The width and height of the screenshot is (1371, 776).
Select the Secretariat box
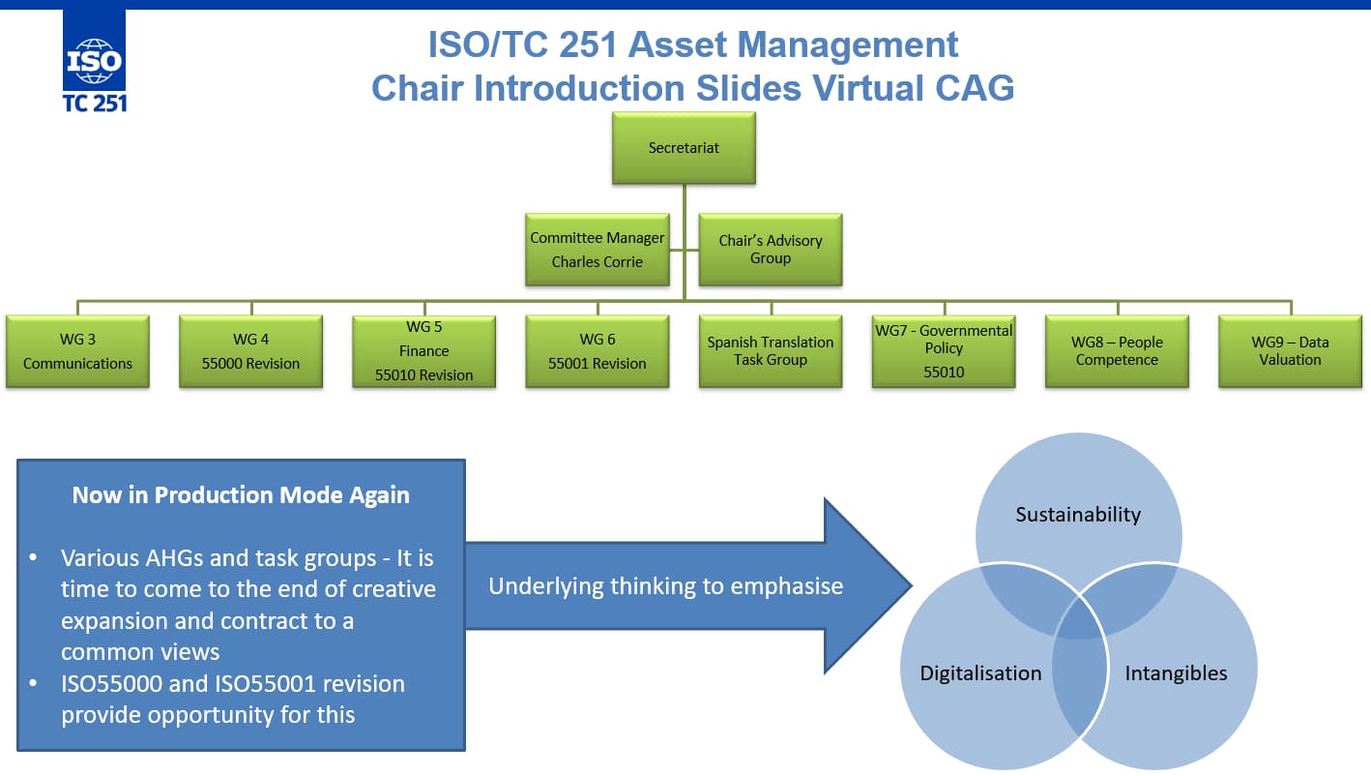tap(684, 148)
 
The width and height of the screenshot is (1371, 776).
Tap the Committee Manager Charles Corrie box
tap(598, 250)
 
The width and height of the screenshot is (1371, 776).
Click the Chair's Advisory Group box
tap(771, 250)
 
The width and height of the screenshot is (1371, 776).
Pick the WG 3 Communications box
tap(77, 351)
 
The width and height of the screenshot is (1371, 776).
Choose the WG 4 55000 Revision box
tap(251, 351)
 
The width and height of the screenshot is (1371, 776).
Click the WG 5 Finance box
tap(424, 351)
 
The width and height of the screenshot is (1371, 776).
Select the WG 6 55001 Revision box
tap(598, 351)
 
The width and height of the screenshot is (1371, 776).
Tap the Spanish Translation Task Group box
tap(771, 351)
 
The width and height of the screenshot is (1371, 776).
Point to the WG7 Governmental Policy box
tap(944, 351)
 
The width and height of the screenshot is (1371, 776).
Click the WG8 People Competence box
tap(1117, 351)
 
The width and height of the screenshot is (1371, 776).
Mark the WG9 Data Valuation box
tap(1290, 351)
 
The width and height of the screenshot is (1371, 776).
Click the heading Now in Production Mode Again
tap(241, 495)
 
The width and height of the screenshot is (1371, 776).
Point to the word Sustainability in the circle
tap(1078, 515)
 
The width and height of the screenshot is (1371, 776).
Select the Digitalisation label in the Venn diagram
tap(980, 673)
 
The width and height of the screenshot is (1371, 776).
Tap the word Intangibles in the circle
tap(1176, 673)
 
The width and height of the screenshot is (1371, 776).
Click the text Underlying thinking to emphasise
tap(666, 586)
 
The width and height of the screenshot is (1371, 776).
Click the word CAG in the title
tap(974, 87)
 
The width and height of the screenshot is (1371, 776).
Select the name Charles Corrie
tap(598, 262)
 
